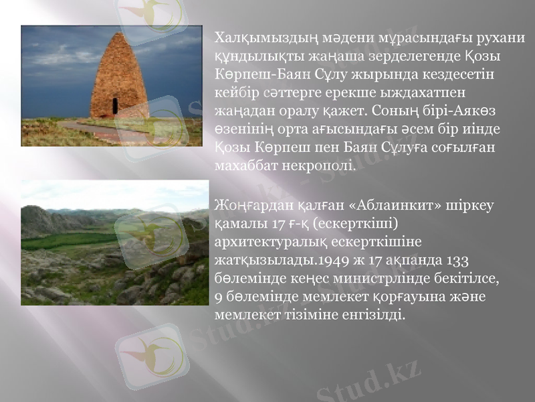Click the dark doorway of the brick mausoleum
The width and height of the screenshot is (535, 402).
click(x=115, y=107)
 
